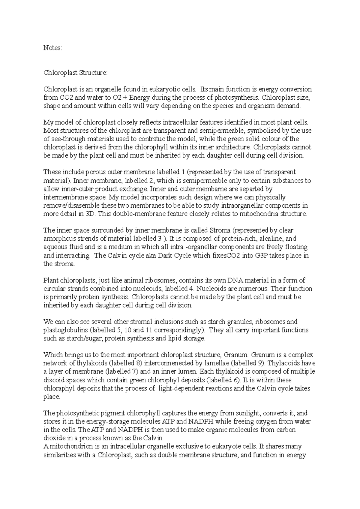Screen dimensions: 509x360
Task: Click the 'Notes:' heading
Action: [x=52, y=48]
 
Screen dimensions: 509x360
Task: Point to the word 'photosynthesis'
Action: [x=238, y=98]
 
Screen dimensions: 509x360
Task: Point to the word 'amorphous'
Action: [x=58, y=239]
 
